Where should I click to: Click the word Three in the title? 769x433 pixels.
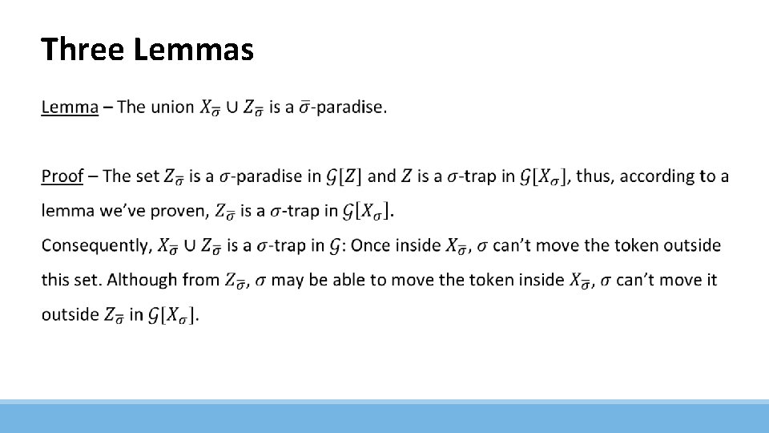(83, 50)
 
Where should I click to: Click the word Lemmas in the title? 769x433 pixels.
(194, 50)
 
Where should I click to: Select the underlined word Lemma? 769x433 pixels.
(70, 107)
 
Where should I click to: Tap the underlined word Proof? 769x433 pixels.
(62, 176)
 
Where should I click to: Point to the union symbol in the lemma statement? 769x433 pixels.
(232, 107)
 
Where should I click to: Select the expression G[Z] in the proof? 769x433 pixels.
(346, 176)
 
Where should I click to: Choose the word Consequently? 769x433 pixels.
(96, 245)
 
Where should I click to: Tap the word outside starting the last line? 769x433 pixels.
(70, 314)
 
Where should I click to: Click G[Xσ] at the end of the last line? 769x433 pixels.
(173, 315)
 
